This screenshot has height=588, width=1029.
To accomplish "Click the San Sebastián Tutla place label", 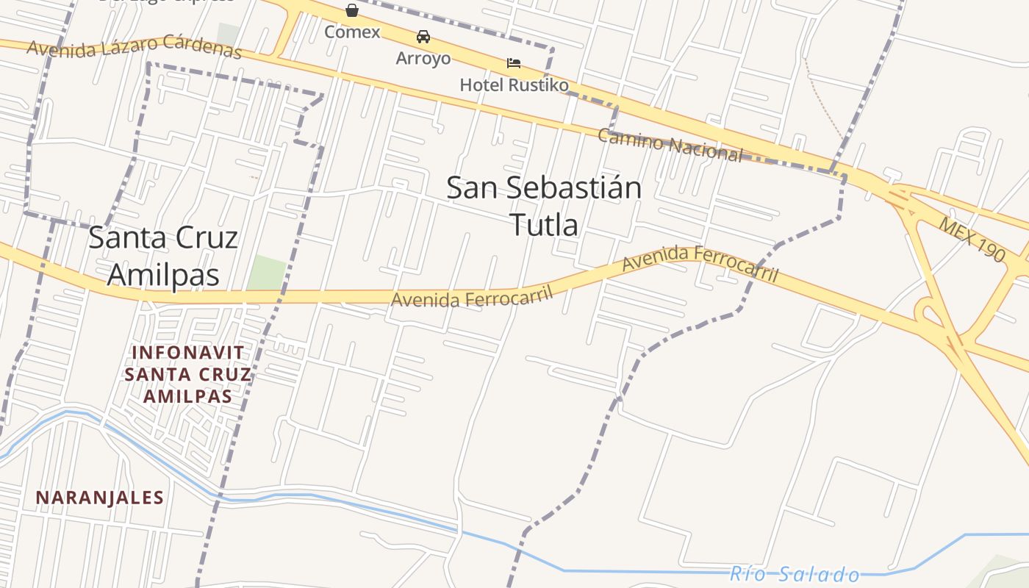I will click(544, 206).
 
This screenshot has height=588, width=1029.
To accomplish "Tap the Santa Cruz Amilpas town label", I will click(163, 256).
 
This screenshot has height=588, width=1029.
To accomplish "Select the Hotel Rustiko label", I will click(514, 85).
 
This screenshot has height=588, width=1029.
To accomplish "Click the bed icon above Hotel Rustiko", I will click(514, 63).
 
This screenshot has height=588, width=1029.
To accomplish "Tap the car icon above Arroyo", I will click(423, 37).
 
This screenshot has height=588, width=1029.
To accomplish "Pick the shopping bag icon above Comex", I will click(352, 10).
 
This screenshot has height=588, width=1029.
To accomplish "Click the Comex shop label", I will click(352, 32).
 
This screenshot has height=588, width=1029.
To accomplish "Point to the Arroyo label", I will click(423, 59).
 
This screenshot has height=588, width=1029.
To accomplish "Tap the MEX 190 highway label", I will click(972, 239).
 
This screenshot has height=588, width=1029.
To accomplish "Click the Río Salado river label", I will click(795, 574).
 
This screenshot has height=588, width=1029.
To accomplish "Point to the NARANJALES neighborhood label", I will click(100, 498).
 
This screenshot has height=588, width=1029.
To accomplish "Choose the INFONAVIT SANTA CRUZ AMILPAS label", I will click(187, 374).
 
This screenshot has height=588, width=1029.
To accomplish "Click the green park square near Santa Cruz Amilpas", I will click(266, 273).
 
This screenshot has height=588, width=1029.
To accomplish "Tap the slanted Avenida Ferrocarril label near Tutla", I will click(700, 268).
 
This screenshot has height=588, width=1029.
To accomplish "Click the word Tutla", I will click(544, 225).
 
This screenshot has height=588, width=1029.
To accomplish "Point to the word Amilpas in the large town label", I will click(163, 274).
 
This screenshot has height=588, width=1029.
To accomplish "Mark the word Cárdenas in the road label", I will click(202, 46).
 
